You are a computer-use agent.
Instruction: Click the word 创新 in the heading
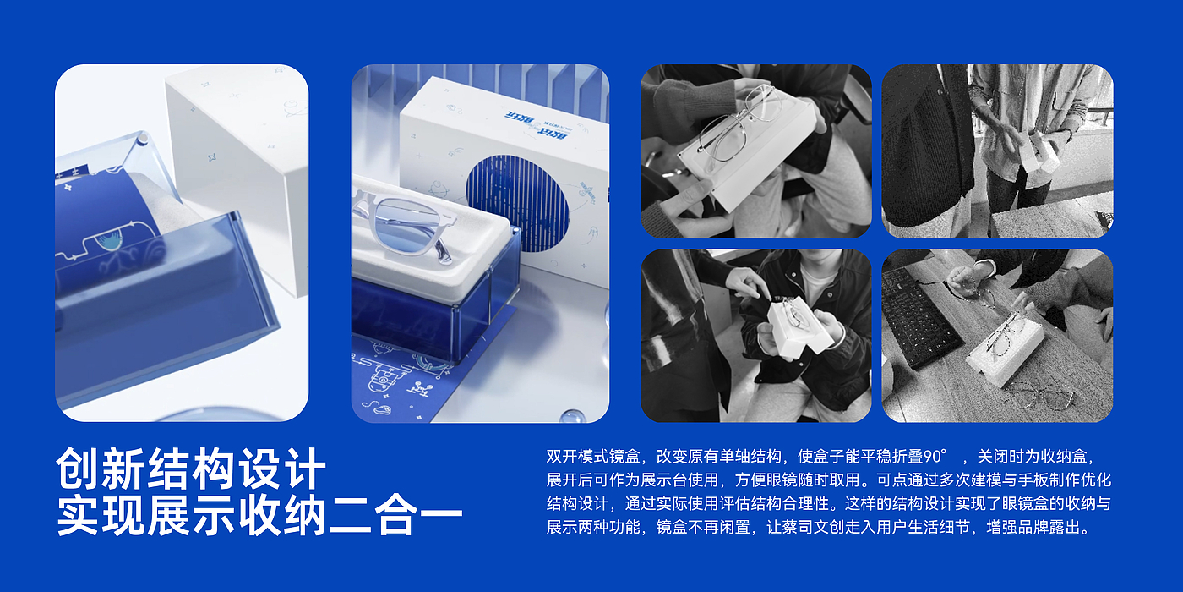coord(101,469)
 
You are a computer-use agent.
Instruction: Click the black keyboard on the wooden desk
coord(920,318)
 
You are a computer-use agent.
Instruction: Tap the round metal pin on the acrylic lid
coord(143,140)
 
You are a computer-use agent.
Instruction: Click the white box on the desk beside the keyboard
coord(1006,351)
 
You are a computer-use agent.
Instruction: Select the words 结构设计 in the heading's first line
coord(236,469)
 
